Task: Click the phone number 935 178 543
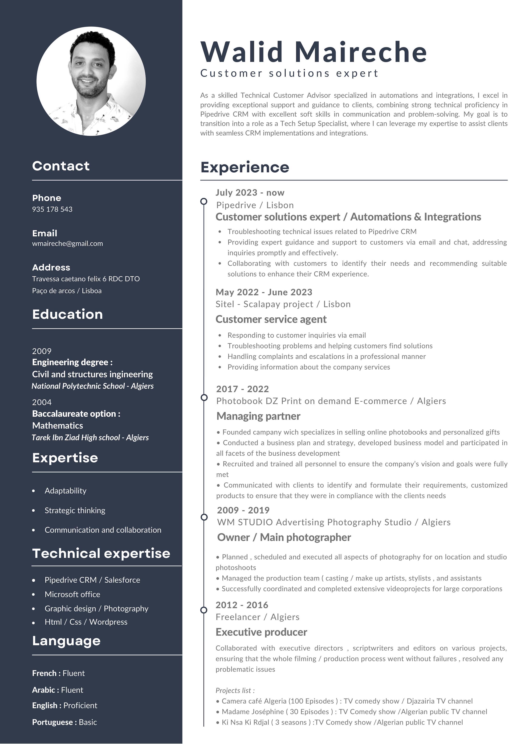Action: coord(52,209)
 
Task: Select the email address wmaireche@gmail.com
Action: coord(67,244)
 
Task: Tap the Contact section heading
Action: coord(61,166)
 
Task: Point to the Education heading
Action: coord(67,314)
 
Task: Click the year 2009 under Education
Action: coord(42,351)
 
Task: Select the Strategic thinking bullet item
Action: coord(75,510)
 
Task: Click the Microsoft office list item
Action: coord(72,594)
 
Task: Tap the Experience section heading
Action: coord(245,167)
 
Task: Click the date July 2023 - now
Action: coord(250,193)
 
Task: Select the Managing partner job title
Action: coord(258,416)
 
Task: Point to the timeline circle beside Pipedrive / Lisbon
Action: coord(204,201)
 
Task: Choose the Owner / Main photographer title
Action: coord(284,537)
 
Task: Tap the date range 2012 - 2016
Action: coord(242,605)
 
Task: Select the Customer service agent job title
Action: coord(271,319)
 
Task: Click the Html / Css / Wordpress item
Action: coord(86,622)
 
